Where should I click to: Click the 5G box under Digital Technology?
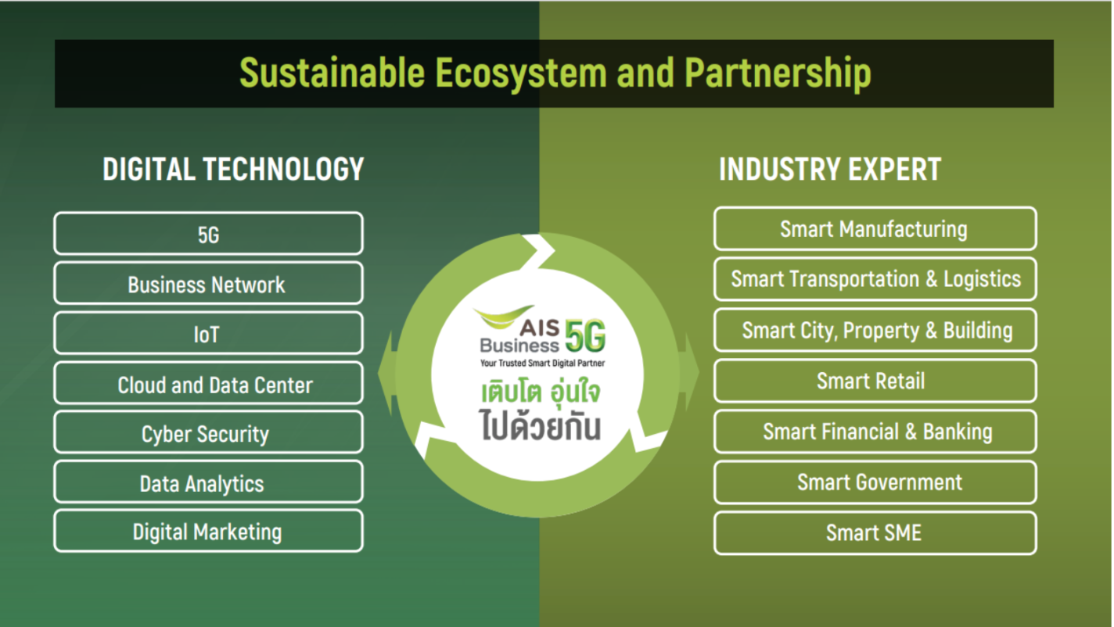pos(208,234)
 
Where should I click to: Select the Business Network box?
pos(208,283)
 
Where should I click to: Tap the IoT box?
pos(208,333)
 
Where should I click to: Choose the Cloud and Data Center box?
pos(208,383)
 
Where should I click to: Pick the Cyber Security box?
pos(208,432)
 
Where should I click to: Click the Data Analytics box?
pos(208,482)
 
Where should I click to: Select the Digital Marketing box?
pos(208,531)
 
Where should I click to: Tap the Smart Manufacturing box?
pos(875,228)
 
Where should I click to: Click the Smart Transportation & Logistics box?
pos(875,279)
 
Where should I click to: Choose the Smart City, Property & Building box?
pos(875,330)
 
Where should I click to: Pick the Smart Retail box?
pos(875,381)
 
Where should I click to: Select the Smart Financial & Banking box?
pos(875,432)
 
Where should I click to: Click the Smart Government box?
pos(875,482)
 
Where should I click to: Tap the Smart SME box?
pos(875,533)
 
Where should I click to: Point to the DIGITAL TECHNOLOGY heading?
pos(233,169)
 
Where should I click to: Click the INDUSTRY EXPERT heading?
pos(830,169)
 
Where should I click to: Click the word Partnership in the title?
pos(778,73)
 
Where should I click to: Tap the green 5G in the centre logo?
pos(586,336)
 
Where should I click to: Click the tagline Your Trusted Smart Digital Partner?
pos(543,364)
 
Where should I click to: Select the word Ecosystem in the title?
pos(521,73)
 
